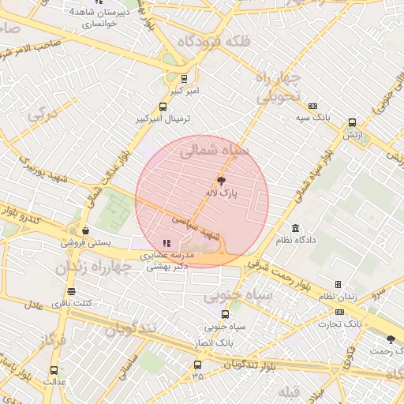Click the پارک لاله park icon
tap(230, 181)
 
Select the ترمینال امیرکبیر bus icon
tap(163, 107)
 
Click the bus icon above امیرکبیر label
tap(185, 79)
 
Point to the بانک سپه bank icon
tap(313, 107)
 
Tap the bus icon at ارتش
tap(352, 122)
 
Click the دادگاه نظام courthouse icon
tap(296, 227)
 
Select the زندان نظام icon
tap(338, 284)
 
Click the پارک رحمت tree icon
tap(391, 339)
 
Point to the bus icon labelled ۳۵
tap(197, 365)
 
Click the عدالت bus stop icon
tap(54, 370)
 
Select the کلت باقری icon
tap(71, 291)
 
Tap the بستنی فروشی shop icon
tap(85, 231)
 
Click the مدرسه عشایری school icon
tap(166, 243)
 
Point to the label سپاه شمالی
tap(214, 150)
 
